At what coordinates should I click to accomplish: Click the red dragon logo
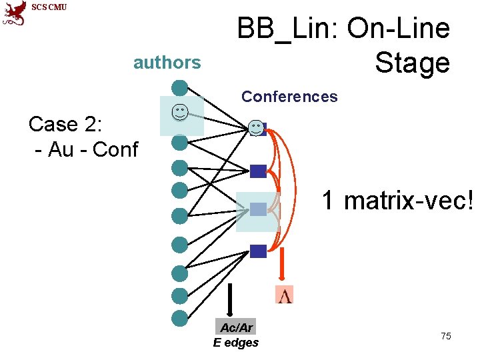click(x=13, y=14)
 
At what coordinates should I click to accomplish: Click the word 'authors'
click(x=167, y=63)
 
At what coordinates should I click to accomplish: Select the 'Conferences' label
click(x=289, y=97)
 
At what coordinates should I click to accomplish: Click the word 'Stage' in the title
click(x=412, y=63)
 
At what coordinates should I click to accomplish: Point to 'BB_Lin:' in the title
click(x=287, y=29)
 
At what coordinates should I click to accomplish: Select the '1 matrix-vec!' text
click(x=398, y=199)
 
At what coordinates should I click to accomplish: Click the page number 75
click(x=446, y=336)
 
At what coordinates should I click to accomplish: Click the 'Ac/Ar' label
click(x=237, y=327)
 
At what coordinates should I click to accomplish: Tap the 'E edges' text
click(x=236, y=343)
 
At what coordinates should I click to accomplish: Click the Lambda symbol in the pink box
click(x=285, y=295)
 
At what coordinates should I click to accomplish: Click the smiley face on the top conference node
click(x=256, y=127)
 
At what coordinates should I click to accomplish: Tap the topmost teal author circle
click(x=179, y=87)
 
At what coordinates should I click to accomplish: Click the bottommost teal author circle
click(x=179, y=318)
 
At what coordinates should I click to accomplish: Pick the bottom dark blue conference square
click(x=258, y=251)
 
